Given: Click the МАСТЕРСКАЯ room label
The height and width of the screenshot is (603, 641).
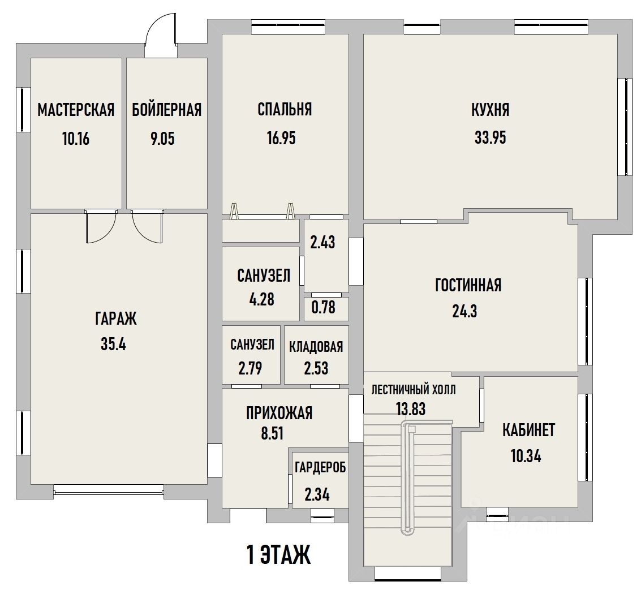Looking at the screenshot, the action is point(76,110).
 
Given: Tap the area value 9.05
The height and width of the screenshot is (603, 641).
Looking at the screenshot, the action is point(162,139).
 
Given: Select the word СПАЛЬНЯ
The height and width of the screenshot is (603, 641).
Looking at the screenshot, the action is point(285,109).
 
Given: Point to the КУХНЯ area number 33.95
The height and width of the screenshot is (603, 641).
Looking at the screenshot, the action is point(490,137).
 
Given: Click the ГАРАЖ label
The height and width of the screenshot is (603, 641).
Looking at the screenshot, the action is point(115,318).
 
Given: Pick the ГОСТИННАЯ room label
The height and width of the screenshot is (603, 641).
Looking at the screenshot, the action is point(468,285).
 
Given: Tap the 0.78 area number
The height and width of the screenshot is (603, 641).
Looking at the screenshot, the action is point(324,307).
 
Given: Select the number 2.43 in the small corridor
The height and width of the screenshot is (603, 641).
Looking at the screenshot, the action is point(322,243).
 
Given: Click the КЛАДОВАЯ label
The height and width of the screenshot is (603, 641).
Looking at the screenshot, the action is point(316,347).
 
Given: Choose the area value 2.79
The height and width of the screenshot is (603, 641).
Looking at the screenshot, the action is point(250,368).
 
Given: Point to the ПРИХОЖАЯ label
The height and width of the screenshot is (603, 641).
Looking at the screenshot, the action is point(279,413).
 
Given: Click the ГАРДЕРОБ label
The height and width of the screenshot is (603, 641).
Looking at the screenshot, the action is point(320,467).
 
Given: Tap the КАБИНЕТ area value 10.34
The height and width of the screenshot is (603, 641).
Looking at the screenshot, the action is point(526,456).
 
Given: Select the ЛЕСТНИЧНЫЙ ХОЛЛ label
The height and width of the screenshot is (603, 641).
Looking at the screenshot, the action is point(414,390).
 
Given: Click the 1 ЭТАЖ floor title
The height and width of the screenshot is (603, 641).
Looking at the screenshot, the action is point(279,555).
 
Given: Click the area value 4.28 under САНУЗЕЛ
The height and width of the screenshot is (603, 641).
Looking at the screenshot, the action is point(261,300).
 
